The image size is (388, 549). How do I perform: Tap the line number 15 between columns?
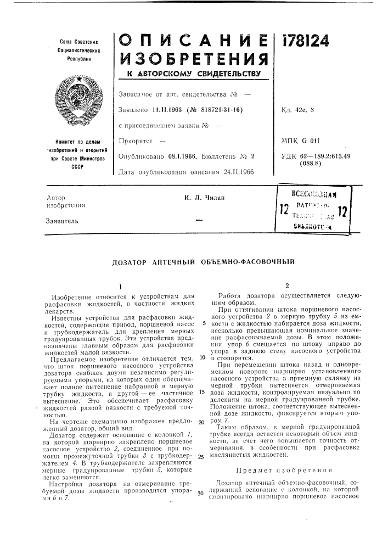pos(203,393)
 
